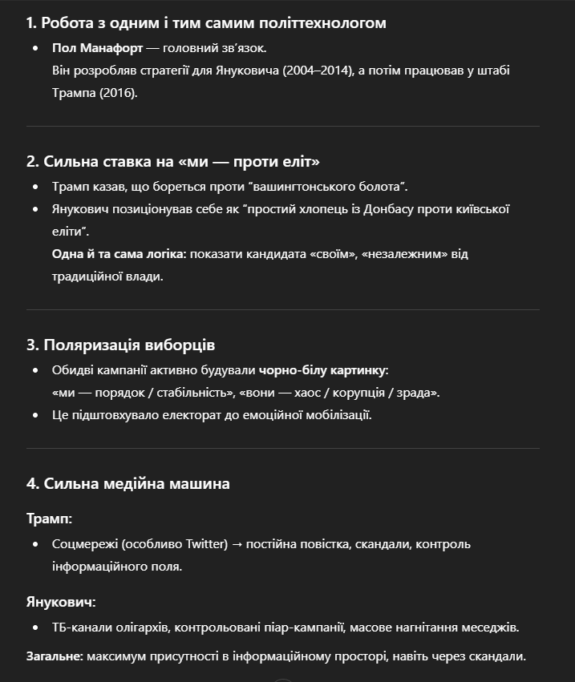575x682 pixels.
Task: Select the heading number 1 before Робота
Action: point(30,23)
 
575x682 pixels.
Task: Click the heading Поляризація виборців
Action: point(129,345)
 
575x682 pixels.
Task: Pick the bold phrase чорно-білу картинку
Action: point(322,370)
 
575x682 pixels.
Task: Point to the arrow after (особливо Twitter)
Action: point(237,544)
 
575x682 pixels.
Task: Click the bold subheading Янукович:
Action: point(61,601)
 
